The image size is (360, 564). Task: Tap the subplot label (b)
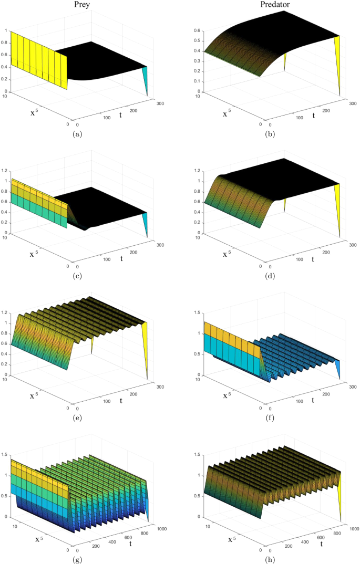269,134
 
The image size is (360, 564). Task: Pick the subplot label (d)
269,276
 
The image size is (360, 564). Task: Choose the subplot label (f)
269,418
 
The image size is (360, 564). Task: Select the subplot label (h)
269,559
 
